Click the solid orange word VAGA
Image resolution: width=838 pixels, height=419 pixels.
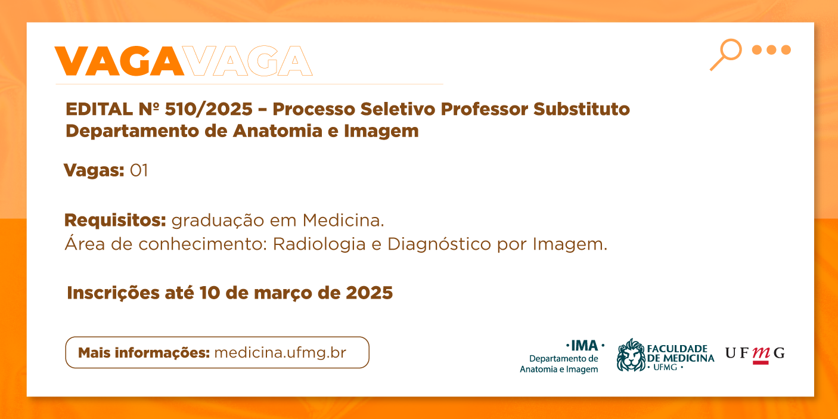click(119, 61)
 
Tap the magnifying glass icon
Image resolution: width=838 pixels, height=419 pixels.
click(725, 55)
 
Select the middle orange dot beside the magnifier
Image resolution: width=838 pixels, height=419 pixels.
click(771, 49)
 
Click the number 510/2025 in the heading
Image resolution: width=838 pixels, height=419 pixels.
click(209, 109)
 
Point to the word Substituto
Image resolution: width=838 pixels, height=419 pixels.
click(582, 109)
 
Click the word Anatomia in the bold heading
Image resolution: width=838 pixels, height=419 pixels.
click(278, 131)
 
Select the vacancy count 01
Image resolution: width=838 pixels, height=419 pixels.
click(139, 170)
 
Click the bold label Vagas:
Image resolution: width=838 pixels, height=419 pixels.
click(94, 171)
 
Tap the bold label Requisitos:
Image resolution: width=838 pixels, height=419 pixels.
click(115, 220)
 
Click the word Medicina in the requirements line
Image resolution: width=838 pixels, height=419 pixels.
click(343, 220)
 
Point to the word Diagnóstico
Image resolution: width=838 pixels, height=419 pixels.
click(439, 245)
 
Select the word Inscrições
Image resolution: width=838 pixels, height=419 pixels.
click(113, 293)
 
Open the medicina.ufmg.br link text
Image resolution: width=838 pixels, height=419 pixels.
click(280, 353)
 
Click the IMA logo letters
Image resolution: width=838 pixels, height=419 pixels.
click(584, 346)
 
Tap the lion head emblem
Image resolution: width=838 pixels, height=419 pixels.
click(631, 355)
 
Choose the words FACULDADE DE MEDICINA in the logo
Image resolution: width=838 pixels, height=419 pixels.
click(681, 353)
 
